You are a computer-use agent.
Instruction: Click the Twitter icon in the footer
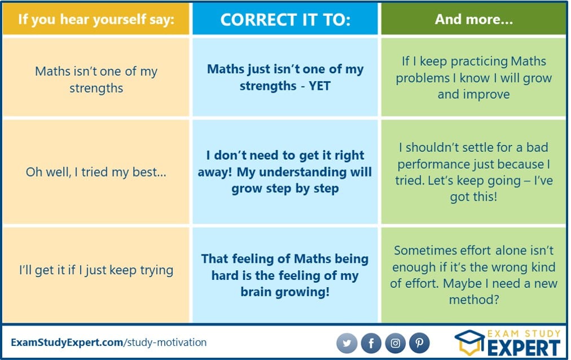[346, 343]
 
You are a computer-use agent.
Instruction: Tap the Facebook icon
[371, 343]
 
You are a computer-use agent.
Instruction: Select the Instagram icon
[395, 343]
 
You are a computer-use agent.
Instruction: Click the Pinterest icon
[420, 343]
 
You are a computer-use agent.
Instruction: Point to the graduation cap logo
[470, 342]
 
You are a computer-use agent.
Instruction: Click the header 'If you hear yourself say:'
[96, 19]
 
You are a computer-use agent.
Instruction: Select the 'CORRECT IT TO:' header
[285, 20]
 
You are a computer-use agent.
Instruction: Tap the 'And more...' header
[474, 19]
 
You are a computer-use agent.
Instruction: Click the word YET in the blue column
[320, 86]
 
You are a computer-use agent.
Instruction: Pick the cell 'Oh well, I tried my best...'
[96, 172]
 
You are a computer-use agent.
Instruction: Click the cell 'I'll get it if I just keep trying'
[96, 270]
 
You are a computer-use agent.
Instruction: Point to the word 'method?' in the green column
[474, 300]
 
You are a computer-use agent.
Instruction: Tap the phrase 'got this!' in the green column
[473, 197]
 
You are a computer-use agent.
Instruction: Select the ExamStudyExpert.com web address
[108, 343]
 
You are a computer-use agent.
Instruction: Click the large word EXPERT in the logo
[524, 348]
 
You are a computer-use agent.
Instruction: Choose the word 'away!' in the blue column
[215, 172]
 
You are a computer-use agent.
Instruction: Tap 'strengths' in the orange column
[96, 89]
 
